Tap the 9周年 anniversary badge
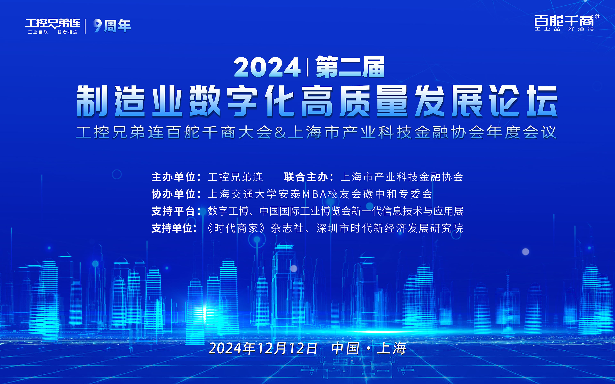pos(112,26)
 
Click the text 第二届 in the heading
pos(350,67)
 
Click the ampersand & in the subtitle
pos(280,133)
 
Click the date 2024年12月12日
pos(263,348)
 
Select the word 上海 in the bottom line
pos(391,348)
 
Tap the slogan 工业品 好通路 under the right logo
pos(564,29)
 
